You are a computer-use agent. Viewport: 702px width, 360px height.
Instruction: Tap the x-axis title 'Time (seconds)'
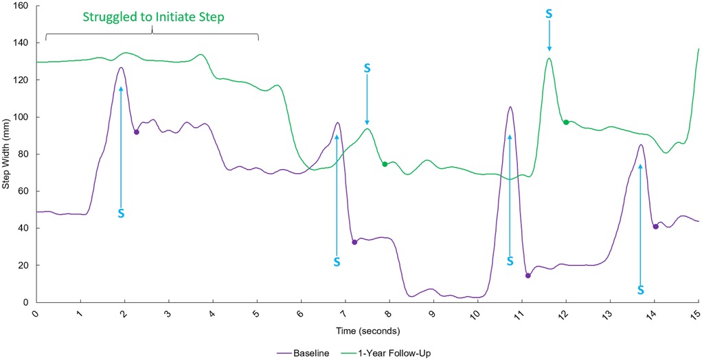click(x=367, y=331)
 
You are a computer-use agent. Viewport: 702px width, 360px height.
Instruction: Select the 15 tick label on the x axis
click(x=697, y=314)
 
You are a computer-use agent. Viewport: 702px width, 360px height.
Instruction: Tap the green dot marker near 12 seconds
click(x=566, y=122)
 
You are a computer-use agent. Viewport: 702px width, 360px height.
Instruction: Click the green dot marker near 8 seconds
click(x=385, y=164)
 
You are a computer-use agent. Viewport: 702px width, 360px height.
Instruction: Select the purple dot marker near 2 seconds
click(x=136, y=132)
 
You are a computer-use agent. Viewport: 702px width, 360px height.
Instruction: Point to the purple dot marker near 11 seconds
click(x=528, y=275)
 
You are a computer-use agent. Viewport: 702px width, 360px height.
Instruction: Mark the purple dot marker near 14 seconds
click(x=655, y=227)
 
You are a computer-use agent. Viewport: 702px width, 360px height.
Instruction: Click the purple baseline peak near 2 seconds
click(x=121, y=67)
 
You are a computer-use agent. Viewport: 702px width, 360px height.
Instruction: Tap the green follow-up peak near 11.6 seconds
click(x=549, y=58)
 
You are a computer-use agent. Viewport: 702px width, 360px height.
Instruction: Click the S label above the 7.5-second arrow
click(x=367, y=68)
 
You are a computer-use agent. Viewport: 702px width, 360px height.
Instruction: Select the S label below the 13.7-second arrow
click(x=640, y=290)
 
